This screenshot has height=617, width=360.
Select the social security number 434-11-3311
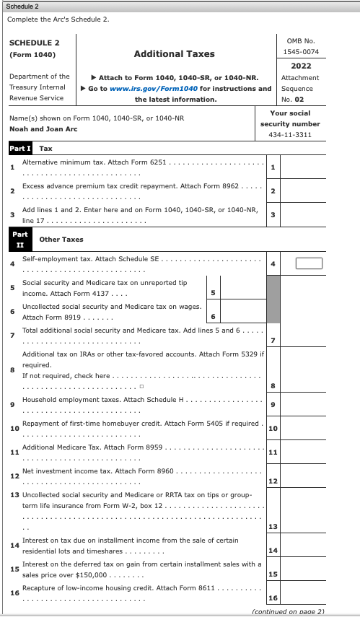[289, 135]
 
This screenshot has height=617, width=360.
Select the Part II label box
[20, 239]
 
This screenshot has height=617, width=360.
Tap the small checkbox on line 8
[142, 386]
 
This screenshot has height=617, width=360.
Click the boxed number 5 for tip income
[213, 293]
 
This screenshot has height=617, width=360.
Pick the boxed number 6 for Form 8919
[213, 318]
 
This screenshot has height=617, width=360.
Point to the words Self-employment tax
[54, 258]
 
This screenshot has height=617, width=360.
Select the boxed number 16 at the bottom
[273, 598]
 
